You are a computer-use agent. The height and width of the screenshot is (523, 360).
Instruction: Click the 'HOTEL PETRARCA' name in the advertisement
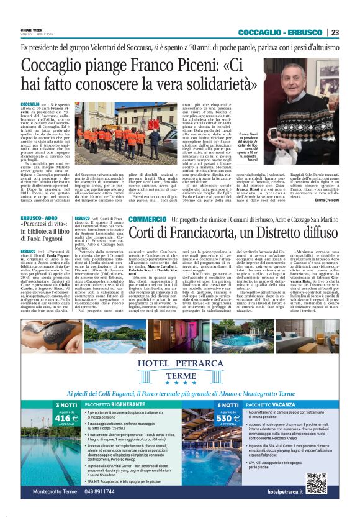(x=180, y=363)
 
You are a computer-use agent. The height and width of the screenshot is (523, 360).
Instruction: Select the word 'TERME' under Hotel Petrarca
(x=179, y=375)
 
